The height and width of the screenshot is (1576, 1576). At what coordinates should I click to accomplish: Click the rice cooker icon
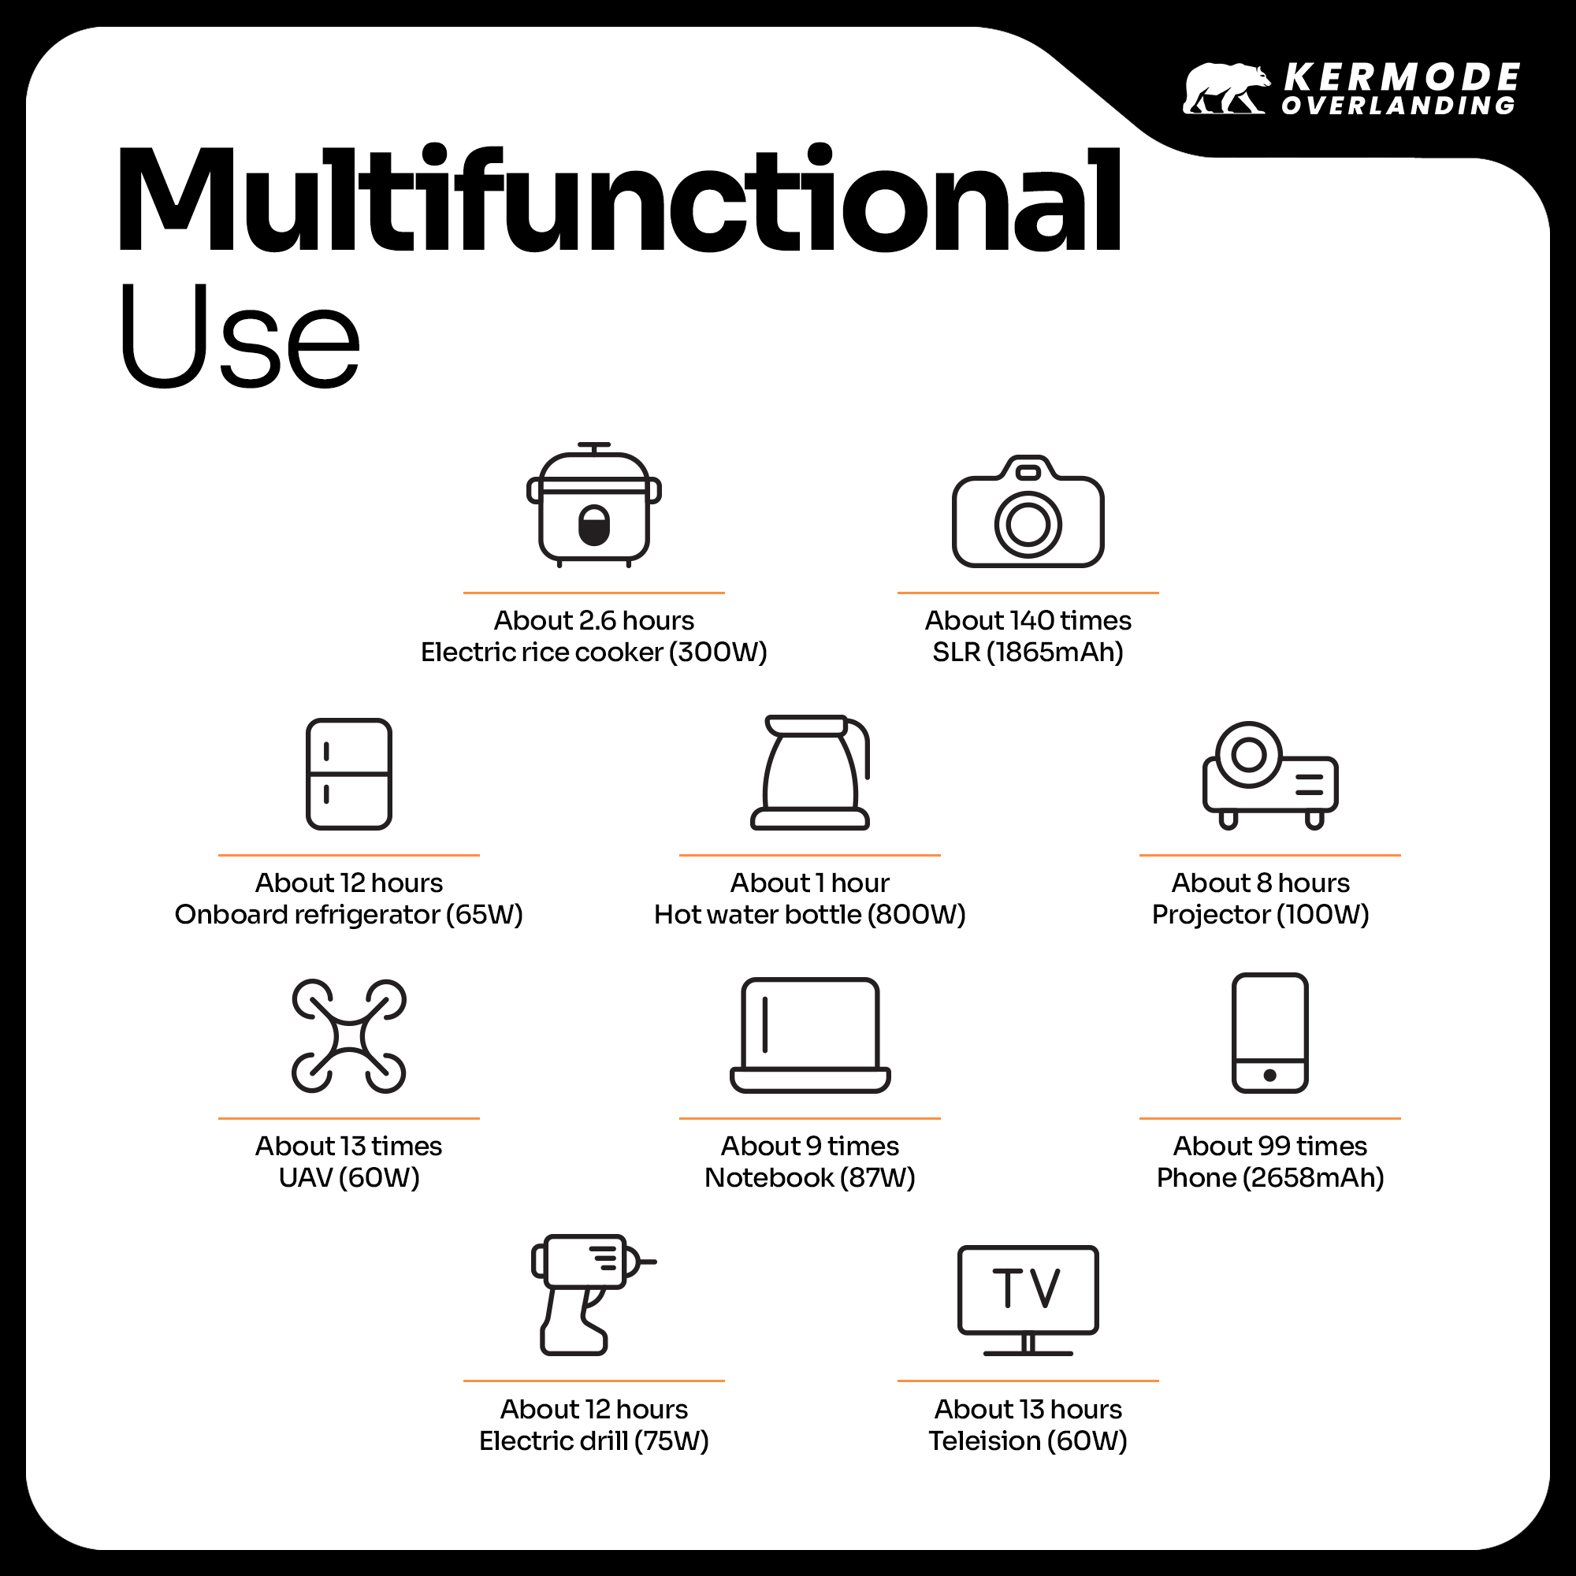click(x=594, y=505)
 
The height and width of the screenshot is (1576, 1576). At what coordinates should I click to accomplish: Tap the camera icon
click(x=1028, y=511)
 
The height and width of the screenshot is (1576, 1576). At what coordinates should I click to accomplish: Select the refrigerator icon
click(x=349, y=774)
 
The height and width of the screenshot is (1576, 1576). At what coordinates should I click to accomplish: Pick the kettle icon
click(x=811, y=772)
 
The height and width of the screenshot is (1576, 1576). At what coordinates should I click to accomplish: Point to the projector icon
click(x=1270, y=775)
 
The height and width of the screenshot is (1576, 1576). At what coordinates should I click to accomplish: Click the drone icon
click(x=349, y=1036)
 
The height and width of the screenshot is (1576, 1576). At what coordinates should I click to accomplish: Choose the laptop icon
click(x=810, y=1035)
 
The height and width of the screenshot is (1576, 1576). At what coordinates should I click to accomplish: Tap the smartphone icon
click(x=1270, y=1033)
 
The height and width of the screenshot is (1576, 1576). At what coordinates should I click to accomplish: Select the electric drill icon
click(x=594, y=1295)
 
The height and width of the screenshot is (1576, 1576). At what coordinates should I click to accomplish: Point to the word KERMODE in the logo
click(x=1401, y=78)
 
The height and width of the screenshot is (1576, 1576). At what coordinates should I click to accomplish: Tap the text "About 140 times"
click(x=1028, y=621)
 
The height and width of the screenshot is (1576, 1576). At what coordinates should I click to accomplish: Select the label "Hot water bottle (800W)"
click(x=810, y=914)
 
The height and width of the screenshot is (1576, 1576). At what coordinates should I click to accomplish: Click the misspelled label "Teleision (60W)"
click(x=1028, y=1440)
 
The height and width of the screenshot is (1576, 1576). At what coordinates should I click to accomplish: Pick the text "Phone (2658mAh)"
click(x=1270, y=1177)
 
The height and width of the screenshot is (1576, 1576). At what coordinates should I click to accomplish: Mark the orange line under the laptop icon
click(x=810, y=1117)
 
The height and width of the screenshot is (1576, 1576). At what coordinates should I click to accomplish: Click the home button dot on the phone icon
click(x=1270, y=1075)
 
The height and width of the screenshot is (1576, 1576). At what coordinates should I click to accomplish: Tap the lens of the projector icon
click(x=1248, y=755)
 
